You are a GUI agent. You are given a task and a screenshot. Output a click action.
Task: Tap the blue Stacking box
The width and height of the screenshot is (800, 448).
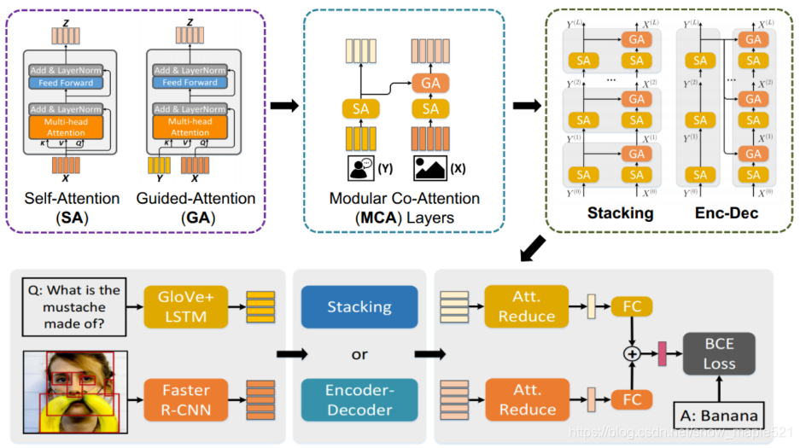pyautogui.click(x=359, y=306)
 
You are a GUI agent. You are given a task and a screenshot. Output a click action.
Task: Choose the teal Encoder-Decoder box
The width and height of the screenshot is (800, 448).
pyautogui.click(x=359, y=399)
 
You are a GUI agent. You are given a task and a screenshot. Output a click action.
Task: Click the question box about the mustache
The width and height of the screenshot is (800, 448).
pyautogui.click(x=72, y=306)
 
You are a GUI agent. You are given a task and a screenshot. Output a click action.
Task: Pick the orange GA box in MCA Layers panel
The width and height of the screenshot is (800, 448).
pyautogui.click(x=430, y=83)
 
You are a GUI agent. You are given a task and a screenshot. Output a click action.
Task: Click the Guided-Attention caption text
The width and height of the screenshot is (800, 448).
pyautogui.click(x=196, y=199)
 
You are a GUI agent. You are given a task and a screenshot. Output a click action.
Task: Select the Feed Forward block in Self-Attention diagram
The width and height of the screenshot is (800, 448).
pyautogui.click(x=66, y=83)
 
